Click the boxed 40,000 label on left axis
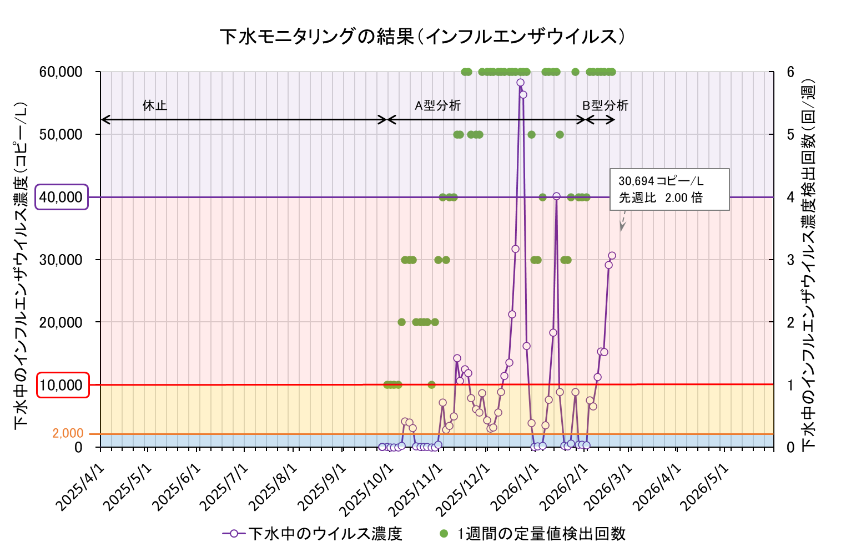point(62,197)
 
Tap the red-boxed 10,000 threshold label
point(63,385)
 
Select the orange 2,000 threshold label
point(68,433)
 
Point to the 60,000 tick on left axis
point(61,72)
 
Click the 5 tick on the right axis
point(790,134)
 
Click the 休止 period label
point(154,105)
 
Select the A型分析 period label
point(437,105)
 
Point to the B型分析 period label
point(605,105)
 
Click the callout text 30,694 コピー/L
point(661,181)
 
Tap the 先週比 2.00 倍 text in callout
point(661,198)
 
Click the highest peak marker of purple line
point(520,83)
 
